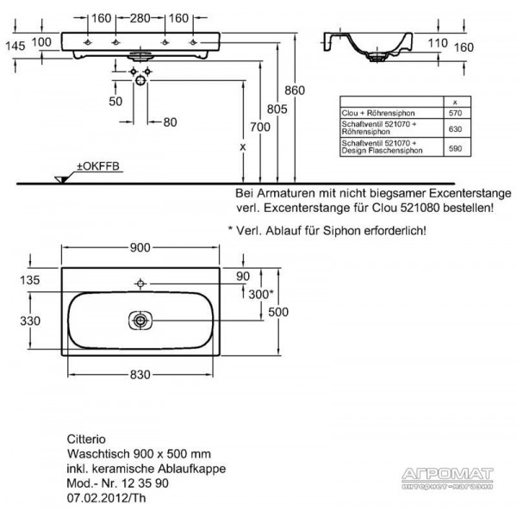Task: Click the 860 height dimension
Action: pos(295,90)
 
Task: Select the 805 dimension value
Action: pos(277,109)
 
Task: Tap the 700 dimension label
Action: pos(260,127)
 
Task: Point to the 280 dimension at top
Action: pos(140,18)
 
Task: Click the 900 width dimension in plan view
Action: pos(140,247)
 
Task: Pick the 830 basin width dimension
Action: pos(140,375)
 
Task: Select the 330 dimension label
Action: pos(30,321)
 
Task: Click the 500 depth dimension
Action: pos(278,312)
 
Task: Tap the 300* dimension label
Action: pos(261,294)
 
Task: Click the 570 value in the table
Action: pos(455,113)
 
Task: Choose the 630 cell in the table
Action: pos(455,129)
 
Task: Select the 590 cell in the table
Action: pos(455,148)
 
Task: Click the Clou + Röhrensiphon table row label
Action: pos(378,113)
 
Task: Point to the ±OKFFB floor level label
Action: pos(98,166)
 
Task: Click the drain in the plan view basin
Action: pos(140,321)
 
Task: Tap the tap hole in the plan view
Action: pos(140,283)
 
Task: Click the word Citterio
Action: pos(86,439)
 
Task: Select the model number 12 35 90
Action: pos(145,483)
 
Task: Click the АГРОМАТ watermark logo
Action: pos(447,478)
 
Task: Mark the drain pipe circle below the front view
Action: pos(140,80)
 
